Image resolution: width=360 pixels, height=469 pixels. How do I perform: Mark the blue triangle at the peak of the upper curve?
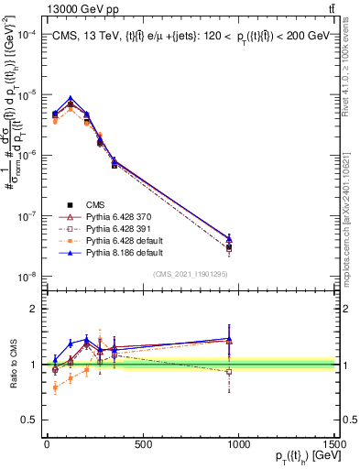71,98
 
